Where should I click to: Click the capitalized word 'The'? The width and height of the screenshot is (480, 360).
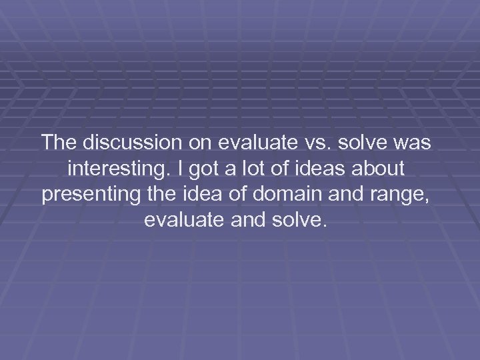(x=59, y=143)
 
